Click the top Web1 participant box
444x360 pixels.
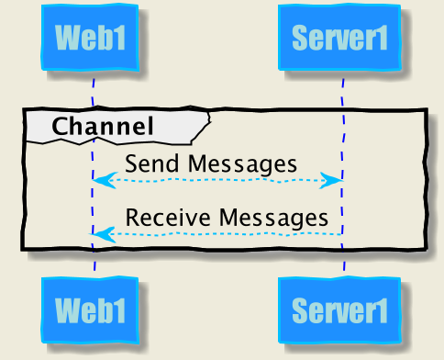click(90, 38)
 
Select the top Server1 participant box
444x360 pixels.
click(340, 38)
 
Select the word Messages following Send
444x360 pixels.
click(241, 164)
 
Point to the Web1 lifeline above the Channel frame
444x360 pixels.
click(94, 92)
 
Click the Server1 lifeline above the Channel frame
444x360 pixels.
click(343, 92)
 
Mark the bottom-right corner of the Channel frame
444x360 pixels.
click(426, 248)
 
